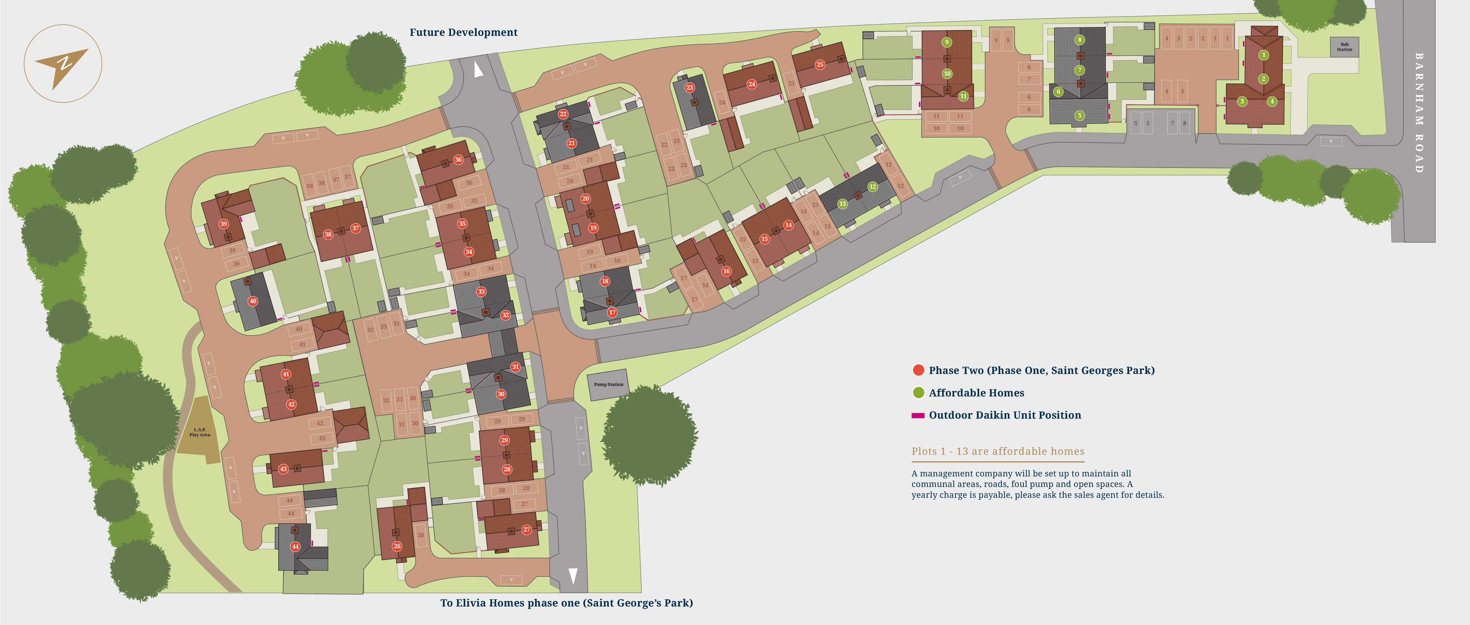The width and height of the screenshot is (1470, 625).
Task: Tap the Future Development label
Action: [x=463, y=32]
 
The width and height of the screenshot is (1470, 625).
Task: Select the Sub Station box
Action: [x=1345, y=47]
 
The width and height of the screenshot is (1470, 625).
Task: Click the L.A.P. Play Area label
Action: [x=200, y=432]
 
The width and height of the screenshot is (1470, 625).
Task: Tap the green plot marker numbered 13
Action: [x=842, y=204]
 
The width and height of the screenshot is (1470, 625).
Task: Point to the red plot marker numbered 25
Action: [x=820, y=65]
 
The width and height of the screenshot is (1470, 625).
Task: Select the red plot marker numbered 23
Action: [x=689, y=87]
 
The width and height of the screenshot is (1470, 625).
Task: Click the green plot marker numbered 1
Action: [x=1263, y=55]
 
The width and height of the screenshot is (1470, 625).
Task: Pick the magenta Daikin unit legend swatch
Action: [x=918, y=416]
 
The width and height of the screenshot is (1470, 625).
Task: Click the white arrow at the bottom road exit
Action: [x=573, y=575]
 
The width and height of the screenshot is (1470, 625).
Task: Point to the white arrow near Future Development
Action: [x=478, y=70]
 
